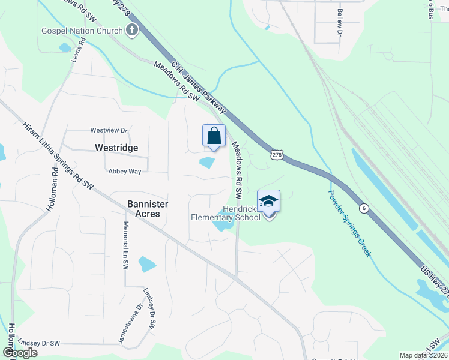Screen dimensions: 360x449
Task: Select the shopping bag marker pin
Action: click(214, 137)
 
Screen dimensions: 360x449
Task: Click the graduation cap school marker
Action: click(269, 202)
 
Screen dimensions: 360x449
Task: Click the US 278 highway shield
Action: click(276, 155)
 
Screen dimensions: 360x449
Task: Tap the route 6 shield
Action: click(364, 208)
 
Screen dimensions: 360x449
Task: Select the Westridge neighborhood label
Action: click(116, 148)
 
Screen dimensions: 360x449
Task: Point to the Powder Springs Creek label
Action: click(349, 223)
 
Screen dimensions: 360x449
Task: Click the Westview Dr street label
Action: click(109, 130)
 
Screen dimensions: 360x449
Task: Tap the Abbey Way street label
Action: click(124, 171)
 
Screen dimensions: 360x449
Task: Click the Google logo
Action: click(20, 353)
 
